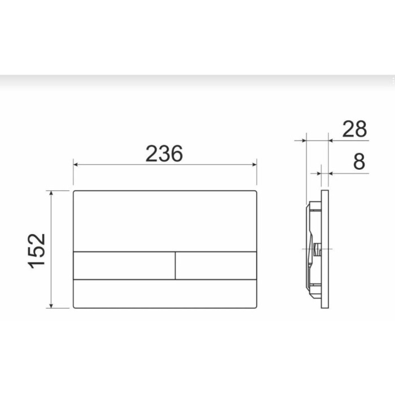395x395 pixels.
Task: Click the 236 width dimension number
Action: click(164, 153)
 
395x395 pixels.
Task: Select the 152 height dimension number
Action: click(38, 250)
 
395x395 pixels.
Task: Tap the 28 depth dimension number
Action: click(354, 129)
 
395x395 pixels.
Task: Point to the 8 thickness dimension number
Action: click(359, 162)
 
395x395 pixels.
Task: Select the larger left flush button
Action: click(124, 265)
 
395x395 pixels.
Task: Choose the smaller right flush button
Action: click(216, 265)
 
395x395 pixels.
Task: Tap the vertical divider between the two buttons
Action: click(175, 265)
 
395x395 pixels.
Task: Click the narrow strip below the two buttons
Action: click(165, 293)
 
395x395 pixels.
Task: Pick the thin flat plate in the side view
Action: click(326, 248)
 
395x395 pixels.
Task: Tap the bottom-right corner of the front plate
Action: click(256, 307)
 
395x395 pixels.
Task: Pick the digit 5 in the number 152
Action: click(38, 250)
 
